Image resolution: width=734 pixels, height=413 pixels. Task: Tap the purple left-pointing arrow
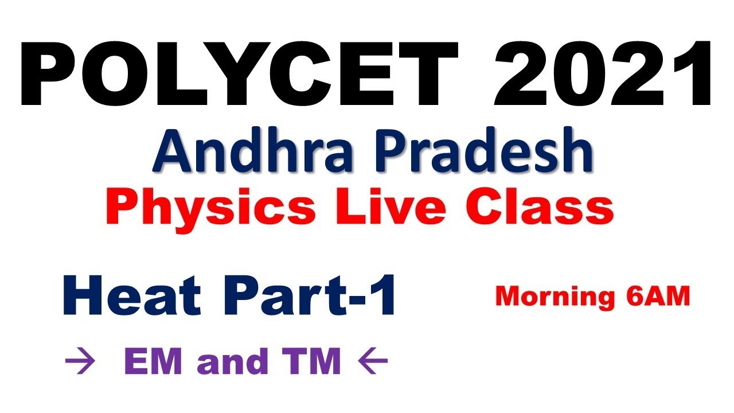373,362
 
